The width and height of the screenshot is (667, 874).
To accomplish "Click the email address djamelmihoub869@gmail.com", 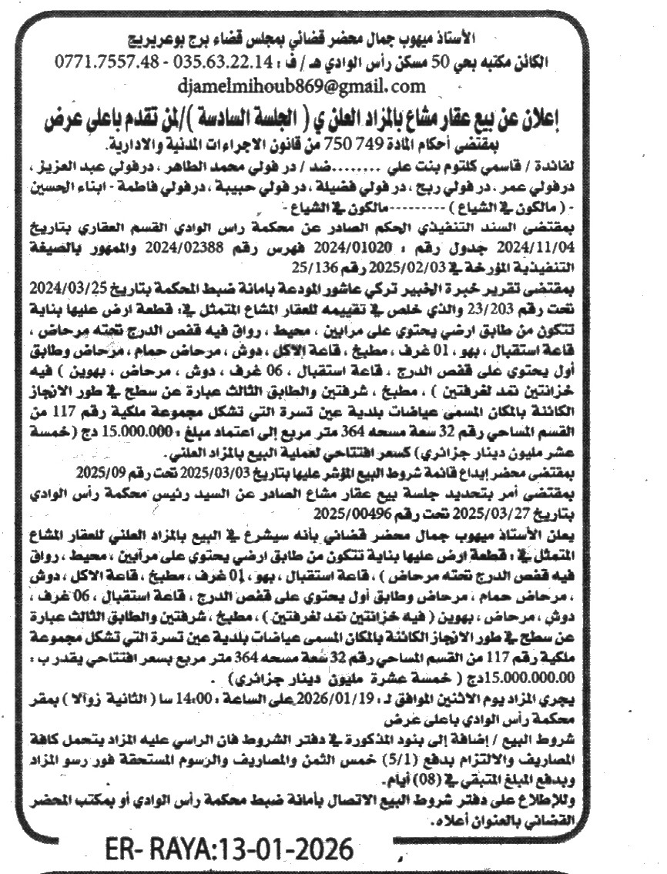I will (x=300, y=84).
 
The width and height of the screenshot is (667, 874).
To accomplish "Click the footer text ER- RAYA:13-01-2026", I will (x=227, y=851).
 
